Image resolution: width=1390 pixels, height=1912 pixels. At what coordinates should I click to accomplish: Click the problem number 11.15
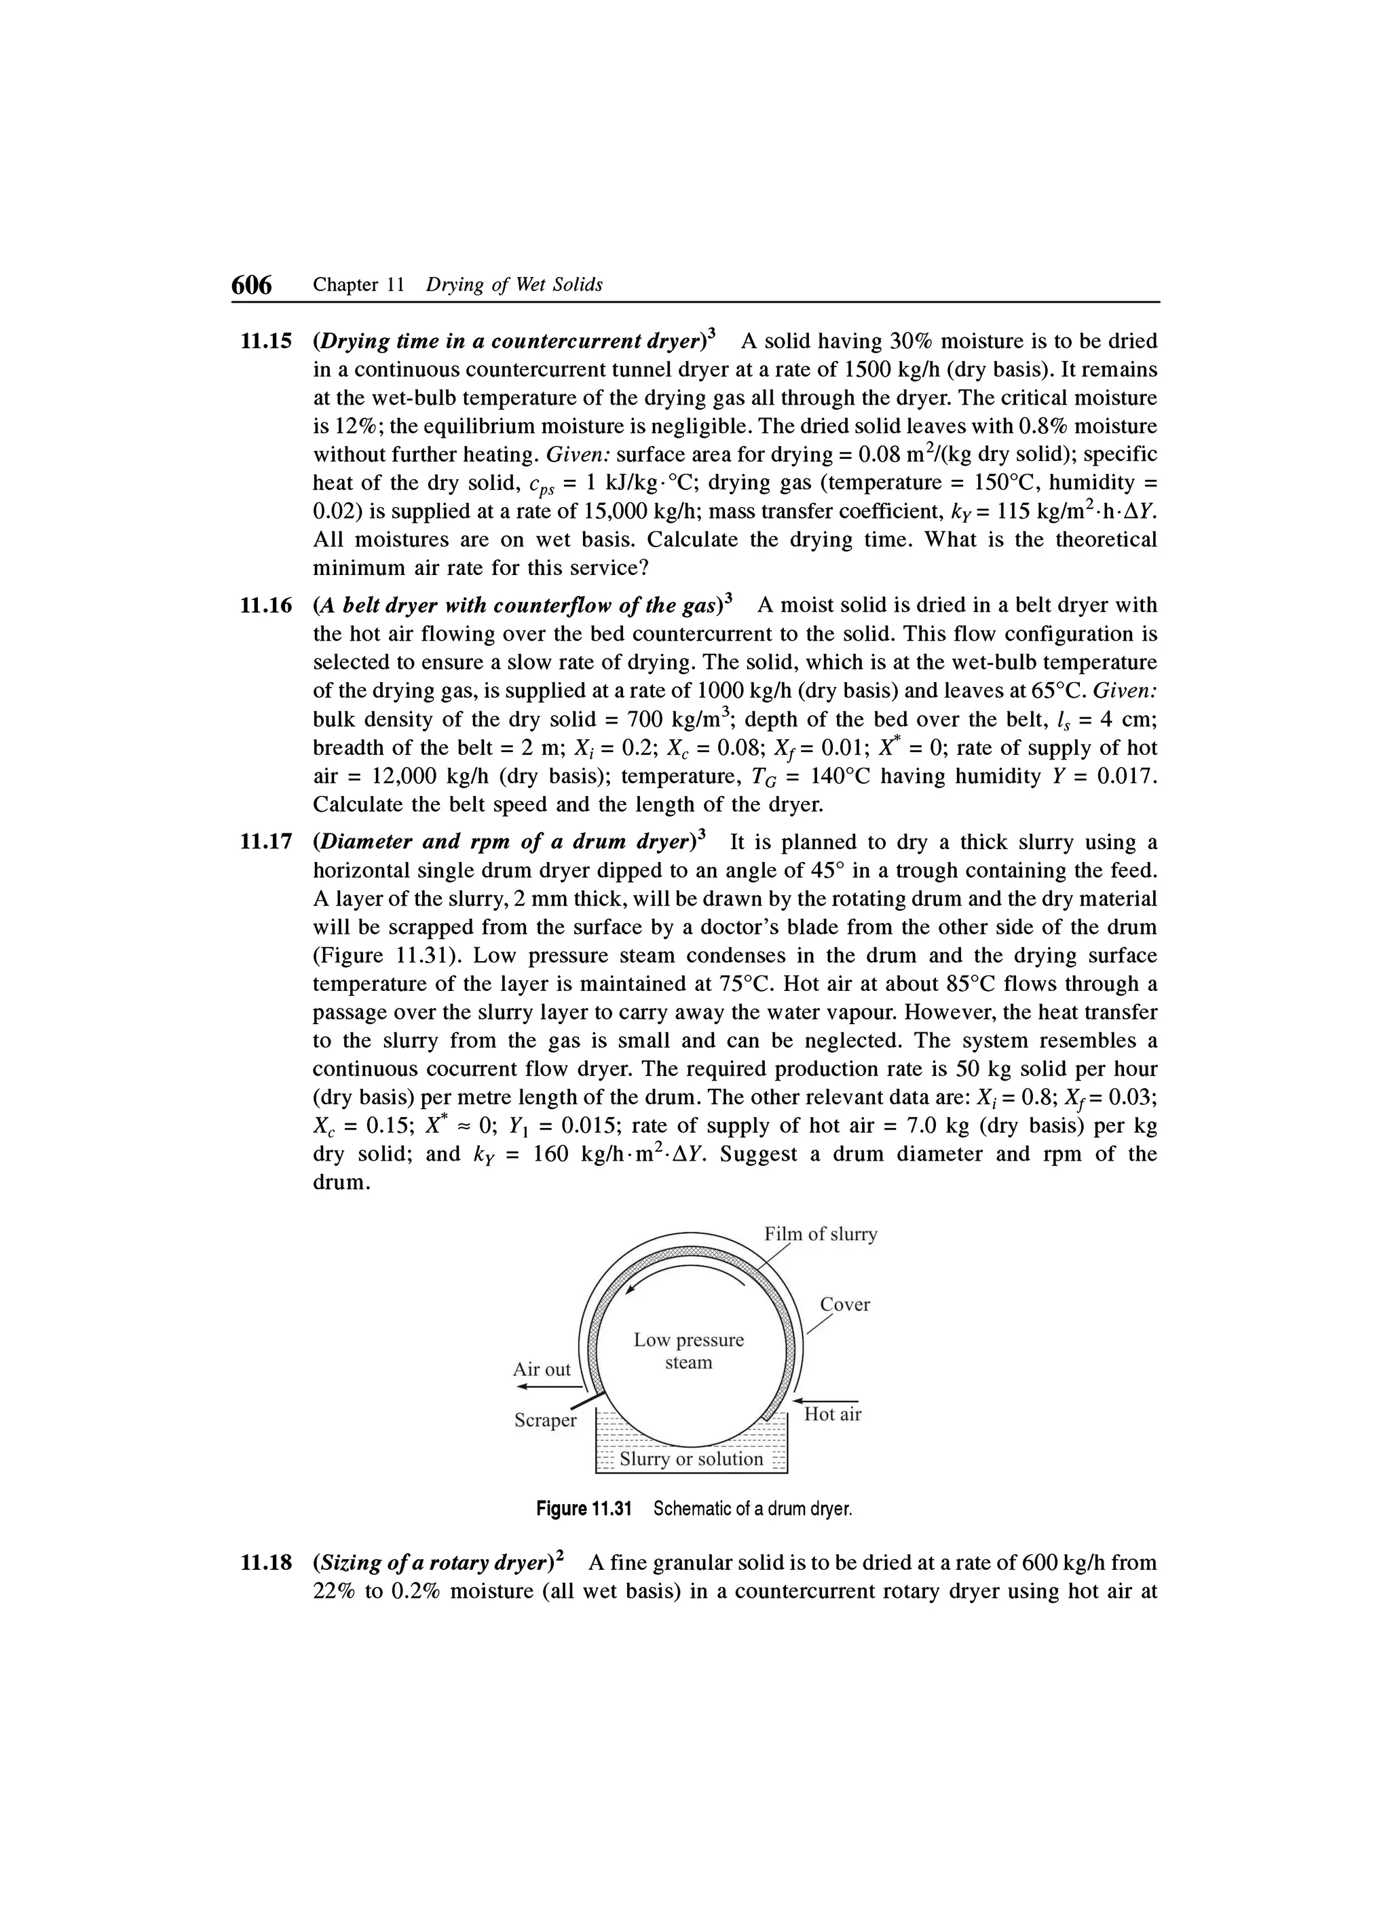265,341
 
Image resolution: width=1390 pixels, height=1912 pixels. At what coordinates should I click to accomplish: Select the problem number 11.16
265,605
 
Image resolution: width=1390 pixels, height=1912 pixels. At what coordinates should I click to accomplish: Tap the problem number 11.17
265,842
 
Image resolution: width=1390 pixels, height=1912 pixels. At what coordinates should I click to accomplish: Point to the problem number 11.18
265,1563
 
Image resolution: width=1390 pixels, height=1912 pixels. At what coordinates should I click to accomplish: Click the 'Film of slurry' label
820,1234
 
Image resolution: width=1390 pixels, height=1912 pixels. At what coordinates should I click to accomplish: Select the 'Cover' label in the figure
844,1305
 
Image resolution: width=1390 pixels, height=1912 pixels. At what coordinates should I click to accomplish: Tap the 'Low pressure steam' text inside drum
689,1351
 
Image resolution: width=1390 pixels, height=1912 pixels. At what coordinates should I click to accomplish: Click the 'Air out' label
541,1370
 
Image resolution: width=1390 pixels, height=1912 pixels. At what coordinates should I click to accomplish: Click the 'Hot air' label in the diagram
832,1414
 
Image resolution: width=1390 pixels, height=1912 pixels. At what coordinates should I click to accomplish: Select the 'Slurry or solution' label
690,1459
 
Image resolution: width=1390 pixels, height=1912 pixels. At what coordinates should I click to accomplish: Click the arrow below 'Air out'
548,1387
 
